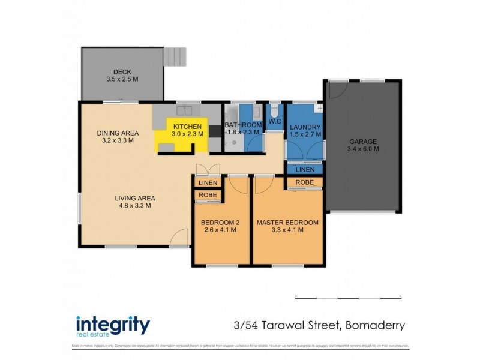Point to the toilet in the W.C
pyautogui.click(x=275, y=111)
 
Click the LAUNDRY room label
pyautogui.click(x=305, y=127)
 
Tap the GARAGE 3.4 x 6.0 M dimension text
pyautogui.click(x=364, y=149)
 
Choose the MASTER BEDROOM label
pyautogui.click(x=287, y=223)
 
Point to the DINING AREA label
pyautogui.click(x=118, y=133)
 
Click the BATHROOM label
pyautogui.click(x=243, y=125)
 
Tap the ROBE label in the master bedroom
pyautogui.click(x=305, y=181)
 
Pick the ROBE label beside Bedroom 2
pyautogui.click(x=208, y=195)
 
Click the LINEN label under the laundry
pyautogui.click(x=305, y=170)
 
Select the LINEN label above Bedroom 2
pyautogui.click(x=208, y=182)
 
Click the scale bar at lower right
pyautogui.click(x=348, y=297)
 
